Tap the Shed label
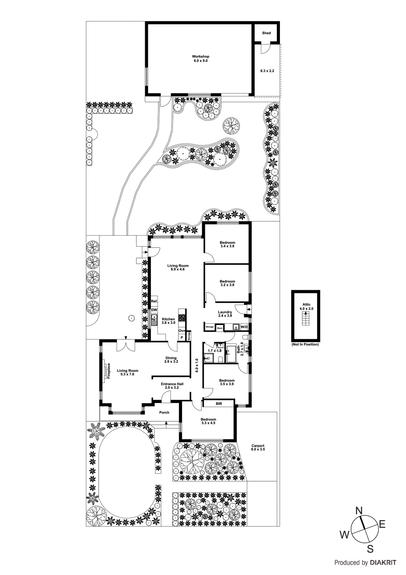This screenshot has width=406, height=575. tap(266, 33)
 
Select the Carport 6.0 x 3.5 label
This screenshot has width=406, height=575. tap(258, 447)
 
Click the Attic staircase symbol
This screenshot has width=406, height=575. tap(305, 318)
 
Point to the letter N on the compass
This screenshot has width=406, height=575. tap(359, 510)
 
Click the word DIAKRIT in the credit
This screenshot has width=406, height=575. tap(383, 563)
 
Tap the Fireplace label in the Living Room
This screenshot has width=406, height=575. tap(109, 371)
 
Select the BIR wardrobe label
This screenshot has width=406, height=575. tap(219, 404)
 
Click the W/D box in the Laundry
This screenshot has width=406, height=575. tap(244, 327)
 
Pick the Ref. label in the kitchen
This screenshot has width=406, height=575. tap(154, 301)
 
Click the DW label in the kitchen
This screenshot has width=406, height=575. tap(154, 310)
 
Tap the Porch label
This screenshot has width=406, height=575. tap(164, 413)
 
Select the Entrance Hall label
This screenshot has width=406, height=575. tap(172, 386)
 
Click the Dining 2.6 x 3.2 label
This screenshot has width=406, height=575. tap(171, 360)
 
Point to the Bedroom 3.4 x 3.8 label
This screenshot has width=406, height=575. tap(227, 244)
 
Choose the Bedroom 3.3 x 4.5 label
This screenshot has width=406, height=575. tap(208, 421)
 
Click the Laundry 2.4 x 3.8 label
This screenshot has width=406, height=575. tap(225, 314)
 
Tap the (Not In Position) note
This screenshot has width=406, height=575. tap(305, 344)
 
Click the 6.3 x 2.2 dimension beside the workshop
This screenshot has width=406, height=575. tap(267, 71)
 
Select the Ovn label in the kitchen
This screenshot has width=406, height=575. tap(182, 331)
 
